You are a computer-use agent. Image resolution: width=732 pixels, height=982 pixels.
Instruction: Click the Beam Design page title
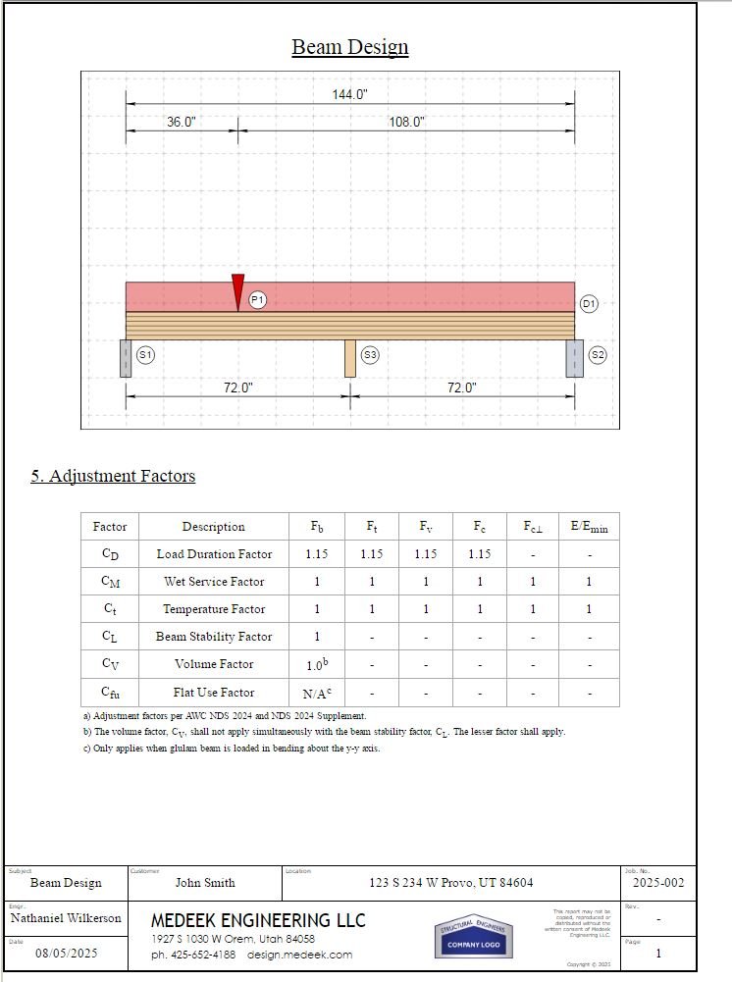pyautogui.click(x=349, y=47)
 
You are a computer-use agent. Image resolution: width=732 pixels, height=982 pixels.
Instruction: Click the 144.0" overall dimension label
pyautogui.click(x=349, y=94)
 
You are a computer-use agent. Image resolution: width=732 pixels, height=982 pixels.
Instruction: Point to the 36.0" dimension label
pyautogui.click(x=181, y=122)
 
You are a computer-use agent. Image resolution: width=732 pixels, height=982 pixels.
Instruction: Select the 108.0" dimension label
pyautogui.click(x=406, y=122)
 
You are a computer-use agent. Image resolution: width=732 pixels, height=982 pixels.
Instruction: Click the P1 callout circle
pyautogui.click(x=258, y=299)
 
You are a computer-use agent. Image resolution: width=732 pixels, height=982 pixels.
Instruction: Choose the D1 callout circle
pyautogui.click(x=589, y=304)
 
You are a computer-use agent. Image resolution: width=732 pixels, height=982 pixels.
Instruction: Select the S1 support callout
pyautogui.click(x=145, y=355)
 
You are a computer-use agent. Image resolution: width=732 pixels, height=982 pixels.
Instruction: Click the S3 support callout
pyautogui.click(x=370, y=355)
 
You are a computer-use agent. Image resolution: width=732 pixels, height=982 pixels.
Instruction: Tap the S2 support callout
pyautogui.click(x=597, y=355)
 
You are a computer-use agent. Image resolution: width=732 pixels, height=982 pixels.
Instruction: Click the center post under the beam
pyautogui.click(x=349, y=358)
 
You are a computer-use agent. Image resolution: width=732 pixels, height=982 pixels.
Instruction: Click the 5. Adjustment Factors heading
pyautogui.click(x=113, y=476)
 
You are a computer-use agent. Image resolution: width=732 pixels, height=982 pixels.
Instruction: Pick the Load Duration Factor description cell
pyautogui.click(x=214, y=554)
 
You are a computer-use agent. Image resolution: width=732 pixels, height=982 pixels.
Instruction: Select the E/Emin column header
pyautogui.click(x=589, y=527)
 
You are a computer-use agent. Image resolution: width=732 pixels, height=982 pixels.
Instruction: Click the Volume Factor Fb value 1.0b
pyautogui.click(x=317, y=664)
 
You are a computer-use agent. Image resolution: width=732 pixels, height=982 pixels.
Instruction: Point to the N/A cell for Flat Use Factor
pyautogui.click(x=317, y=692)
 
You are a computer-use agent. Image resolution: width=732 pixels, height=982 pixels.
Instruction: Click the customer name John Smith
pyautogui.click(x=205, y=883)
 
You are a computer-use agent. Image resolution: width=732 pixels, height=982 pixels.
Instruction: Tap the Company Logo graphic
pyautogui.click(x=474, y=938)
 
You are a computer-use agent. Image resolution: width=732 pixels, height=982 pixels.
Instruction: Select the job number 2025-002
pyautogui.click(x=658, y=883)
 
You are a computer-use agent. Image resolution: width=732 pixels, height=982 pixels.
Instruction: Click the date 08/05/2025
pyautogui.click(x=67, y=953)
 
